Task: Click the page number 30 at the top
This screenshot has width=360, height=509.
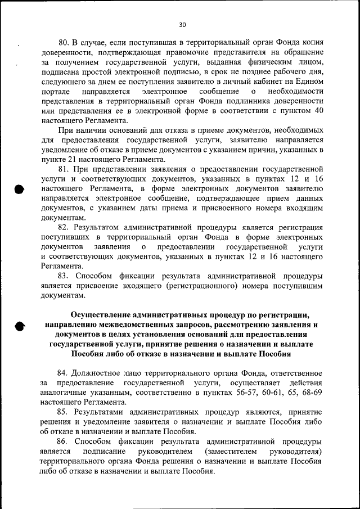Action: coord(182,24)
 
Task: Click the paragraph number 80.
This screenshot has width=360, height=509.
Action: coord(63,43)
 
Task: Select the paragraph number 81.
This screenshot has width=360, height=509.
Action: coord(63,169)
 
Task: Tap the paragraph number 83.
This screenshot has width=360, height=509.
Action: coord(63,276)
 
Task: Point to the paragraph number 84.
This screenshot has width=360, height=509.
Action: coord(63,373)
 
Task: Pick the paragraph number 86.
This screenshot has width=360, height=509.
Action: coord(63,442)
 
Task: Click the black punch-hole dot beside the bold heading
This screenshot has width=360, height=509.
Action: coord(20,325)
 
